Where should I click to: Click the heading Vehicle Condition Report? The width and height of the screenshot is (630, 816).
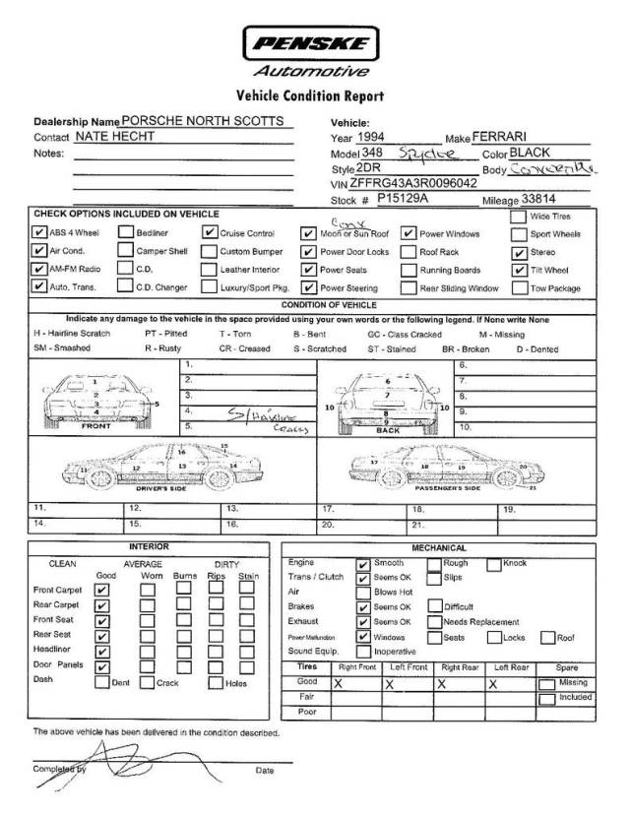[x=309, y=96]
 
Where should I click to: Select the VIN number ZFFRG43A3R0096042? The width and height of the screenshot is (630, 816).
[x=413, y=183]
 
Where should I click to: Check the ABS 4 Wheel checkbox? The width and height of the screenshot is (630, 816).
[x=39, y=234]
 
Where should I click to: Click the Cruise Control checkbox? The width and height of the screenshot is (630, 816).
[x=210, y=234]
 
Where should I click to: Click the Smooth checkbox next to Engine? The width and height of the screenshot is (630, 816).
[x=363, y=563]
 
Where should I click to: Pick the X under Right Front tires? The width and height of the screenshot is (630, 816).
[x=338, y=682]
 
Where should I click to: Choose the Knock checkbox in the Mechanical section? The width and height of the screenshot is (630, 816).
[x=494, y=563]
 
